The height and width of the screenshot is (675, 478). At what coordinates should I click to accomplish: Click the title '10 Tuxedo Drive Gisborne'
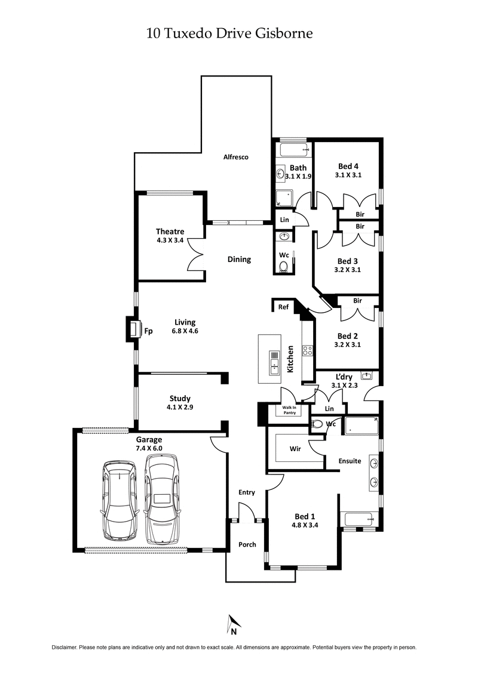(229, 34)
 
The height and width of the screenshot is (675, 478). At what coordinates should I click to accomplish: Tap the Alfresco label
(235, 157)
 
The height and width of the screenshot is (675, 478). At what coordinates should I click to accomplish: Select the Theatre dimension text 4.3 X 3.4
(170, 242)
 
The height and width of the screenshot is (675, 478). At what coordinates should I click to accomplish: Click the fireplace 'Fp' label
(148, 330)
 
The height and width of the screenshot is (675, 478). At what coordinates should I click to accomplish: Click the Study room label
(180, 399)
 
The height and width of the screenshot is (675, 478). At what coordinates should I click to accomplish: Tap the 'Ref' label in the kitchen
(283, 307)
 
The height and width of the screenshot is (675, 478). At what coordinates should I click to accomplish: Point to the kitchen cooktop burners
(308, 351)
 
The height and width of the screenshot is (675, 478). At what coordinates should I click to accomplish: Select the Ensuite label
(350, 461)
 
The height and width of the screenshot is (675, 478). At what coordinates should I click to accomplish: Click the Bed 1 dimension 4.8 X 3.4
(305, 526)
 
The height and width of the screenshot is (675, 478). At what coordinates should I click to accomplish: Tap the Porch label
(247, 544)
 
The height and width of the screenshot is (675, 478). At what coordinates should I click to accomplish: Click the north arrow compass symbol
(233, 625)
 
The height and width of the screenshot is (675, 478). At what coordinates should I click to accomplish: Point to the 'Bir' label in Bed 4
(360, 213)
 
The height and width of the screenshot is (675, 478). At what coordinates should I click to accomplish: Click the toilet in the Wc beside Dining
(284, 266)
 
